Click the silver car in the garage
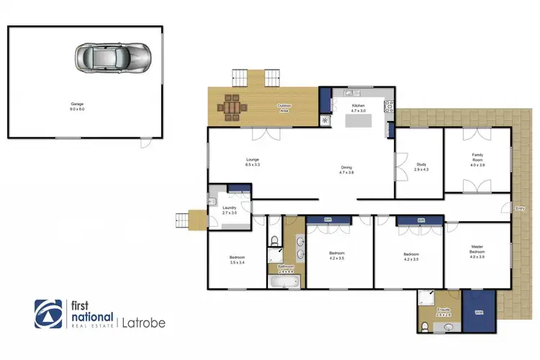(x=113, y=55)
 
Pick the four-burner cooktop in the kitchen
(x=390, y=109)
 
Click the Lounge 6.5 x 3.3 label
(x=252, y=163)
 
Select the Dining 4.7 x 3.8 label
(x=347, y=171)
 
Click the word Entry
(x=521, y=208)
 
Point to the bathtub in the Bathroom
(x=286, y=284)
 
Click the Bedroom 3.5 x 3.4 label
(x=237, y=260)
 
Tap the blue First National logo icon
(x=48, y=314)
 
